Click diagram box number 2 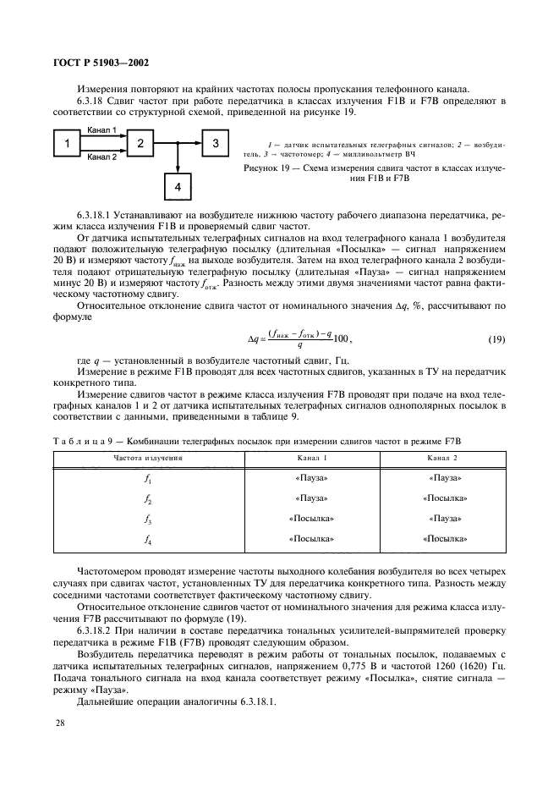[x=142, y=143]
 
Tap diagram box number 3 [x=216, y=143]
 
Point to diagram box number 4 [x=178, y=185]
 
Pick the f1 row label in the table [x=148, y=478]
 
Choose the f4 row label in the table [x=148, y=538]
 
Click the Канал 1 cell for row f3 [x=311, y=518]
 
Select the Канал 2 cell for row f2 [x=443, y=498]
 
